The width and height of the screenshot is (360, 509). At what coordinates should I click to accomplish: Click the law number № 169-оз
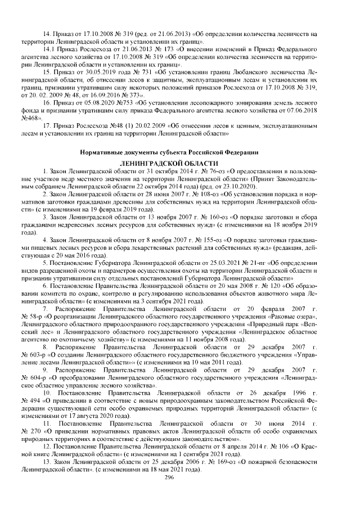click(x=218, y=462)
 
